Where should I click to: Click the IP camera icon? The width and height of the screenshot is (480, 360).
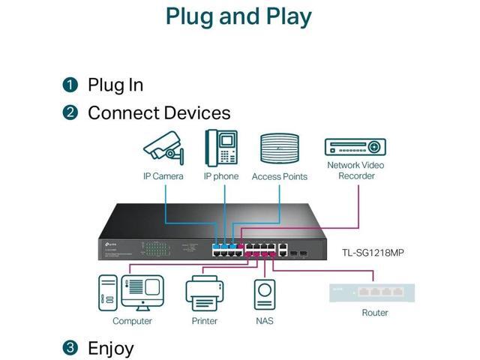tap(163, 148)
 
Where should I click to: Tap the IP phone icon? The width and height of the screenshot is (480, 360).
tap(220, 148)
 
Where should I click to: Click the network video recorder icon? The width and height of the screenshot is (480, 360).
tap(355, 147)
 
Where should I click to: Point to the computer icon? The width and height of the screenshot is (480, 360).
tap(131, 292)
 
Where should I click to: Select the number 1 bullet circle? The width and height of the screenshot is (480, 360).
tap(70, 85)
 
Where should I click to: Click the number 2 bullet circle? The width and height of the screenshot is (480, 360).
tap(70, 113)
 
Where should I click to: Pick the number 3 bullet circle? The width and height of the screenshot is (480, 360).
tap(70, 348)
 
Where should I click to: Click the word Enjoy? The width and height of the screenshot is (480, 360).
tap(111, 348)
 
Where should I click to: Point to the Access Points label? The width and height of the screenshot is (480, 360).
tap(280, 177)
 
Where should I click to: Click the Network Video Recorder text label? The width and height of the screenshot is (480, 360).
tap(356, 170)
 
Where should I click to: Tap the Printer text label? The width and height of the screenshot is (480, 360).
tap(204, 321)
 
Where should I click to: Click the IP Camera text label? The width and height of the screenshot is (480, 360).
tap(163, 176)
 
